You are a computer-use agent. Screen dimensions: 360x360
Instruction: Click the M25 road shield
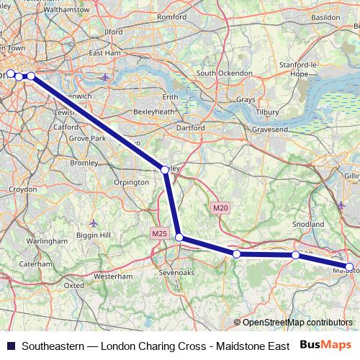tap(160, 233)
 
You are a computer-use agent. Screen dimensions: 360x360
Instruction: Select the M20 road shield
tap(220, 208)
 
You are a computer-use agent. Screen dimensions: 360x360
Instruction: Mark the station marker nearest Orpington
tap(165, 170)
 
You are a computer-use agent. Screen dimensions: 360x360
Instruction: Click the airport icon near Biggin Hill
tap(95, 223)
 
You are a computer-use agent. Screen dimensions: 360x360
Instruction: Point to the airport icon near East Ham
tap(106, 76)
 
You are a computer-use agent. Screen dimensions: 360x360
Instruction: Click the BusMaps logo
tap(326, 344)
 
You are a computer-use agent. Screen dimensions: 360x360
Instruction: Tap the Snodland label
tap(310, 225)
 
